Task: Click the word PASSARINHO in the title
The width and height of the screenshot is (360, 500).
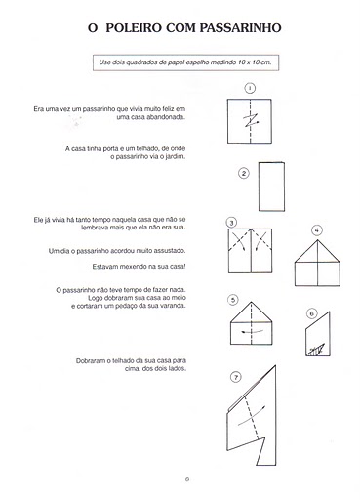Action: click(240, 28)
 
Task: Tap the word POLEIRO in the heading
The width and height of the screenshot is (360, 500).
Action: click(134, 28)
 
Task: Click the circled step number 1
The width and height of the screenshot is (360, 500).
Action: click(250, 88)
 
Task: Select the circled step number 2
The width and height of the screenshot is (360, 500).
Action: click(244, 173)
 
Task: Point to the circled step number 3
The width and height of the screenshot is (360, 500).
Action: click(231, 223)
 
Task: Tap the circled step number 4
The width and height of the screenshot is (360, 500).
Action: click(317, 230)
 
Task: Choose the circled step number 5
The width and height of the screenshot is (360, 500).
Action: click(233, 300)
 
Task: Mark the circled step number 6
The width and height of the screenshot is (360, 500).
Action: click(311, 313)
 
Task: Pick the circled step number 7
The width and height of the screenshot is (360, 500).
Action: click(236, 377)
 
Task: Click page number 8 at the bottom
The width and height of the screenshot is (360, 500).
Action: click(187, 479)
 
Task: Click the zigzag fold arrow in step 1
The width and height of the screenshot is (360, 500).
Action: click(251, 120)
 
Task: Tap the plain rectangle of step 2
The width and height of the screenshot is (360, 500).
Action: click(271, 187)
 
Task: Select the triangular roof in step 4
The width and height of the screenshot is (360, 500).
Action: click(317, 251)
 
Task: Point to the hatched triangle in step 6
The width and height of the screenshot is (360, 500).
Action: click(316, 350)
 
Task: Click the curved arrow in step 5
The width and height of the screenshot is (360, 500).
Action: click(253, 332)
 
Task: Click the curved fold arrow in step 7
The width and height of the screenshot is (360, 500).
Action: click(252, 416)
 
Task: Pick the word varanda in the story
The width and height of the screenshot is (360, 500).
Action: click(174, 306)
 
